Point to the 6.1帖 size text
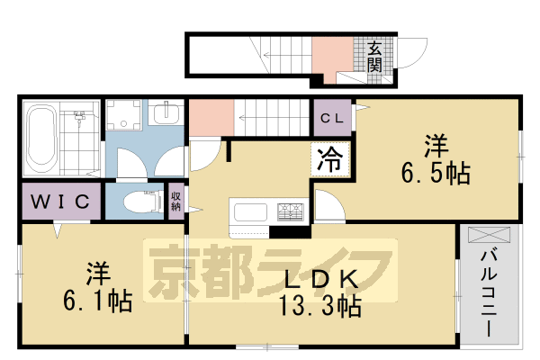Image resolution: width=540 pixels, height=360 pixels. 98,300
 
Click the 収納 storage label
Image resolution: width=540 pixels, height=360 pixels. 175,201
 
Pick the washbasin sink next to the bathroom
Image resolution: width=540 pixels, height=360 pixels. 165,116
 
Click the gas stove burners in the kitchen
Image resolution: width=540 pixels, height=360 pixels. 292,212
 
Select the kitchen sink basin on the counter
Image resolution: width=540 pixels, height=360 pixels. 249,214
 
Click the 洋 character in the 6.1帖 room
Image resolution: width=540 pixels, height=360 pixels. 98,270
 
